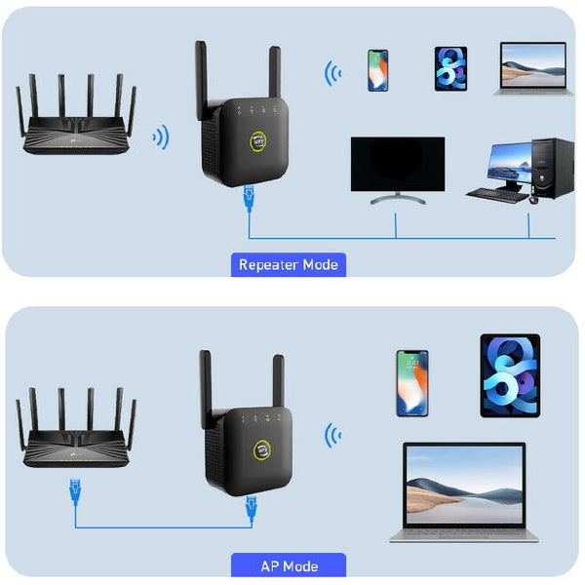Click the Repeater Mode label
[x=288, y=264]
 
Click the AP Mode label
[x=288, y=565]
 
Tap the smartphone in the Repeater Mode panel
[x=377, y=70]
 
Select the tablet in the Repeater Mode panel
[x=450, y=68]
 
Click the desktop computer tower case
[x=552, y=169]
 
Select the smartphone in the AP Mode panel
[x=411, y=383]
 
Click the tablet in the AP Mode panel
[x=509, y=375]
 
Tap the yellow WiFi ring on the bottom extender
[x=265, y=448]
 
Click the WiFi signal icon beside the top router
[x=161, y=136]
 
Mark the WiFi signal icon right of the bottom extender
[x=333, y=436]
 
